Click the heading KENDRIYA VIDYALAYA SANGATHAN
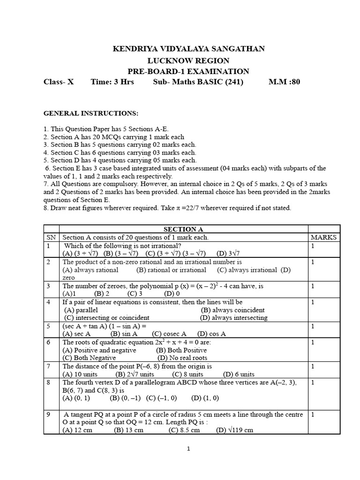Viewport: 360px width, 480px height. (188, 48)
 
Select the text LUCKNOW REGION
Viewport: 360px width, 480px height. (188, 60)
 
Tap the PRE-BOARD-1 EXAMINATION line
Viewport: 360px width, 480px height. (188, 71)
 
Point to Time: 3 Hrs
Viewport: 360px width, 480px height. (112, 82)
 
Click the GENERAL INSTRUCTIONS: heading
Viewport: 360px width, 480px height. (91, 113)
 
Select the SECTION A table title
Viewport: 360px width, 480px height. (183, 229)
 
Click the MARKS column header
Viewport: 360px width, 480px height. (323, 237)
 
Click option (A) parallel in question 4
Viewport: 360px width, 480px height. (81, 310)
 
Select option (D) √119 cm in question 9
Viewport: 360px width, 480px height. (234, 430)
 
